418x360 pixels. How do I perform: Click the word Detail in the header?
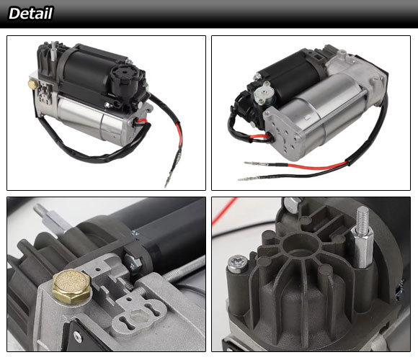click(30, 13)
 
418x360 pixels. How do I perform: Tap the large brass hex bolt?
click(71, 287)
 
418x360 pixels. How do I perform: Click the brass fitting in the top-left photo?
click(33, 84)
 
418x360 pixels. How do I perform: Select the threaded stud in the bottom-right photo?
click(362, 236)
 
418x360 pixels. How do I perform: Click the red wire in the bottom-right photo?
click(225, 211)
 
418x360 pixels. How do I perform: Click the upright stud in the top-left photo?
click(53, 51)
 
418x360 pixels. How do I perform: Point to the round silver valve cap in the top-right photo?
click(264, 92)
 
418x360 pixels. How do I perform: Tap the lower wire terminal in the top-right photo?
click(248, 179)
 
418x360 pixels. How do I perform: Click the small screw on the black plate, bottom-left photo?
click(78, 336)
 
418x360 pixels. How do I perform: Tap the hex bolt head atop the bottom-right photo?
click(292, 204)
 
